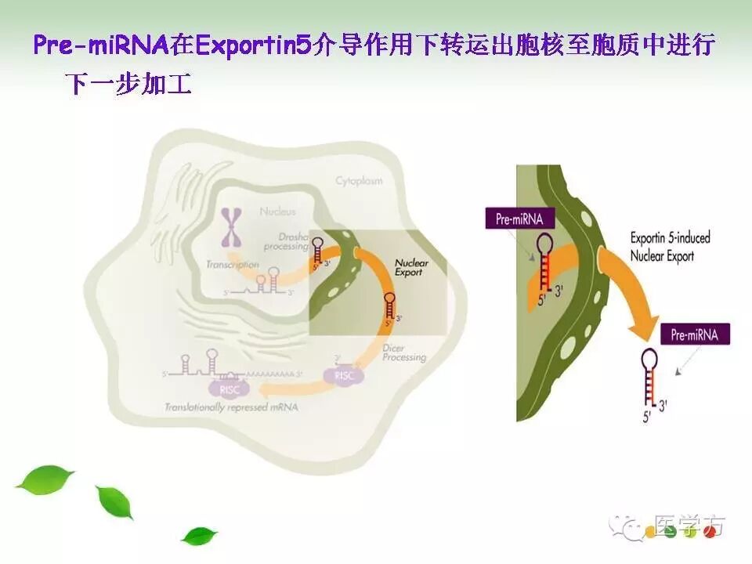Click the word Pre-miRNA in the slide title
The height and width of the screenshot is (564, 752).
click(101, 45)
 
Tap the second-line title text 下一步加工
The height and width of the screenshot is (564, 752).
click(130, 84)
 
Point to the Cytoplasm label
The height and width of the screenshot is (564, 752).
click(359, 181)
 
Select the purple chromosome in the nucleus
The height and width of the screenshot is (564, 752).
click(232, 228)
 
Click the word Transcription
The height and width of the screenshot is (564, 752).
click(232, 265)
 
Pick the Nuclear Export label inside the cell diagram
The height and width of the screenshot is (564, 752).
click(410, 268)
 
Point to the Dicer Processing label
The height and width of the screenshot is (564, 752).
click(404, 352)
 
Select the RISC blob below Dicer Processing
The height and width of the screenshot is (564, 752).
click(344, 376)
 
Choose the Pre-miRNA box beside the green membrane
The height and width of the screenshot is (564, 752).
click(518, 219)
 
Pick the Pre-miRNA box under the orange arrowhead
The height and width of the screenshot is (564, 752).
click(695, 335)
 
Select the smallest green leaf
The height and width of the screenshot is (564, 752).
click(199, 536)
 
